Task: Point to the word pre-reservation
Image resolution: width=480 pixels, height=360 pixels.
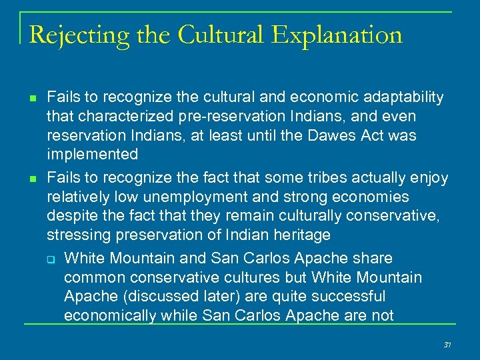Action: (217, 117)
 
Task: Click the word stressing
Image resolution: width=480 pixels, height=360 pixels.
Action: (75, 235)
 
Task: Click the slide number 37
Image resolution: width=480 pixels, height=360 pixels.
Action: (447, 345)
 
